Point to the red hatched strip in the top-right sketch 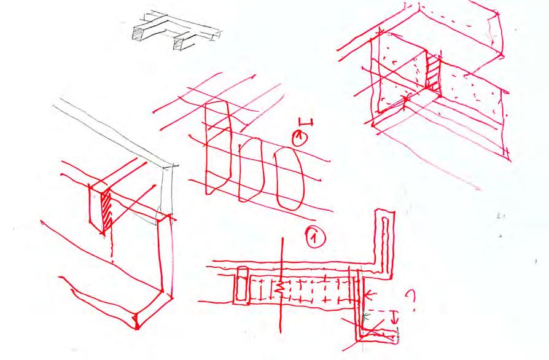(434, 76)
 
